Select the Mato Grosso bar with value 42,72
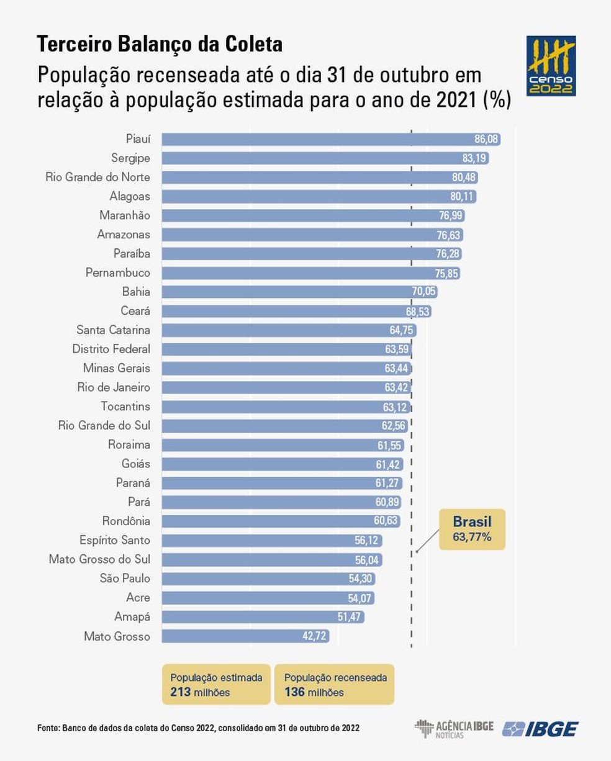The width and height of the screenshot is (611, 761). (245, 636)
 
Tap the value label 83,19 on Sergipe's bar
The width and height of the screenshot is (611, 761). (474, 158)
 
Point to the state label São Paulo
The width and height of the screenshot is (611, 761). (125, 579)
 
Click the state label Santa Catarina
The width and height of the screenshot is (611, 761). (113, 330)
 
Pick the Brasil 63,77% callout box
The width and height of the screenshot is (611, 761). (472, 529)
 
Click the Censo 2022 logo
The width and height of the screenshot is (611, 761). (551, 66)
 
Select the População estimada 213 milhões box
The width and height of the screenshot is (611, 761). (216, 685)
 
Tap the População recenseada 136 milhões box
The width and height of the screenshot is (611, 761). (335, 685)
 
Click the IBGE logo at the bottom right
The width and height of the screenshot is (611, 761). (540, 729)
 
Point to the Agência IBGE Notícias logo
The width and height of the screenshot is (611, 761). (454, 729)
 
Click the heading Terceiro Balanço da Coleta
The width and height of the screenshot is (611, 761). (160, 45)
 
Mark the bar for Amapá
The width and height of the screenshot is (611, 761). (263, 617)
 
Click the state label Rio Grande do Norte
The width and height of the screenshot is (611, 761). (97, 178)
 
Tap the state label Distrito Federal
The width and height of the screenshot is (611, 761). (111, 349)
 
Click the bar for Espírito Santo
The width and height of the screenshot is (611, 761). (271, 541)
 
